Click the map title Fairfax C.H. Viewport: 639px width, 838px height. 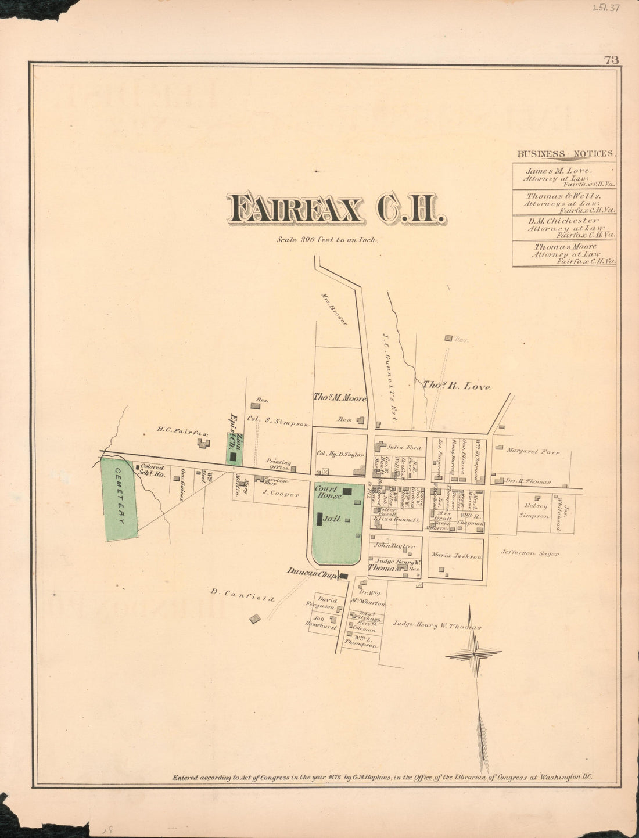336,210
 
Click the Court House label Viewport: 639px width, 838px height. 328,492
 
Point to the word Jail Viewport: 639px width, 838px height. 332,519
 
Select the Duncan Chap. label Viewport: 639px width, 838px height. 312,573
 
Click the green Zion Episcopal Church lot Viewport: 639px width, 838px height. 235,448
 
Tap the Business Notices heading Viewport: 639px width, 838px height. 565,154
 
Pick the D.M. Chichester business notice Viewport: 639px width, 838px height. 564,228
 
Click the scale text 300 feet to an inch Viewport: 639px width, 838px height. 328,239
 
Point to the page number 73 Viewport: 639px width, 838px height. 611,60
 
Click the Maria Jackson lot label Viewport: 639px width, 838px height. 457,556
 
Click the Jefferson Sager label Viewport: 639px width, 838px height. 530,553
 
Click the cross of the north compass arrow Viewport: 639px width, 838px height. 473,654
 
